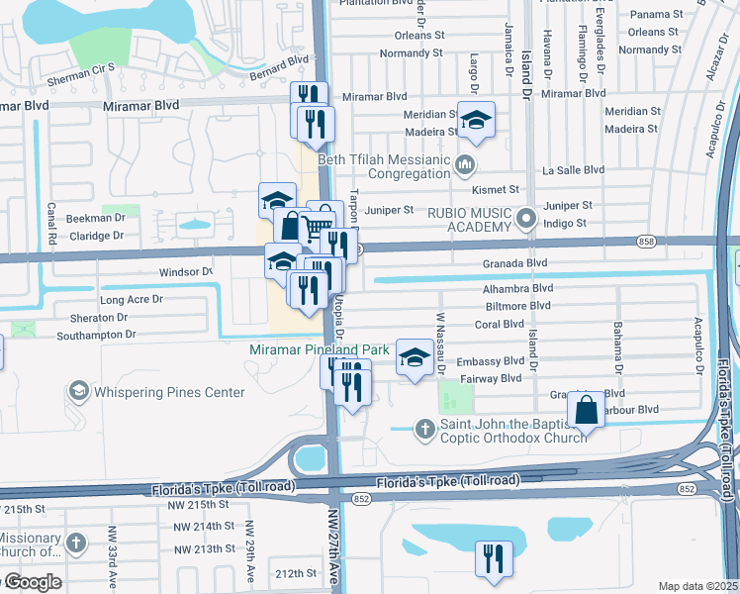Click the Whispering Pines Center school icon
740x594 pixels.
(77, 392)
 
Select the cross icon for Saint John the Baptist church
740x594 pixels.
(424, 429)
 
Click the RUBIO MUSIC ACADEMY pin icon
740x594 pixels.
(526, 217)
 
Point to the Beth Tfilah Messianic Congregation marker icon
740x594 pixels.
(465, 162)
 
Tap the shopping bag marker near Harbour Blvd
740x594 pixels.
(586, 409)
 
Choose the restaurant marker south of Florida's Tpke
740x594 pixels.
(492, 556)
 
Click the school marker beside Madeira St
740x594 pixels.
(477, 121)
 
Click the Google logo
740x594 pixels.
(32, 582)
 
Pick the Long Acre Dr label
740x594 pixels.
(131, 298)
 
